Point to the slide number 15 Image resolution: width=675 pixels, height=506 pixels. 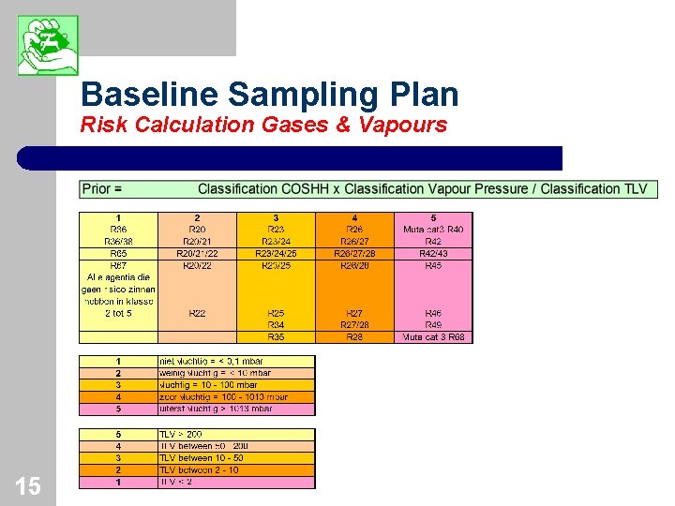point(27,486)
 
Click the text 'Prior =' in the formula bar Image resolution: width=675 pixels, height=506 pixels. point(102,189)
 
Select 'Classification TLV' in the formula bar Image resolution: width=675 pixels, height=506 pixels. point(593,189)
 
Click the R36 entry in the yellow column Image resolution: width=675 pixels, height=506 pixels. point(118,230)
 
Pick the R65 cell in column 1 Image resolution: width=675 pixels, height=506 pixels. point(118,254)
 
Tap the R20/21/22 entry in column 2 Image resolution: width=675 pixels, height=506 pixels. point(197,254)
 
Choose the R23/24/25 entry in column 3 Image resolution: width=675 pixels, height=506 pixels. point(276,254)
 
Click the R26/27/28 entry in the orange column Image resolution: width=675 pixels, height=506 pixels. point(354,254)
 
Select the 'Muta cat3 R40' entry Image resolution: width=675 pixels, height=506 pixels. point(433,230)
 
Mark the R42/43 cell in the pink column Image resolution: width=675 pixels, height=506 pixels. point(433,254)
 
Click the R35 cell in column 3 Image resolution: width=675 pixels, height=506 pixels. point(276,337)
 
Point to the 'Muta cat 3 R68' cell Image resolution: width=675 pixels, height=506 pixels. point(433,337)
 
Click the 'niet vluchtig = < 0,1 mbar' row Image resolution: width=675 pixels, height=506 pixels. point(212,361)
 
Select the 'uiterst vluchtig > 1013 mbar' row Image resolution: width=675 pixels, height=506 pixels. point(217,409)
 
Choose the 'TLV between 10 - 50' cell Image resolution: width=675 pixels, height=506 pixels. point(202,458)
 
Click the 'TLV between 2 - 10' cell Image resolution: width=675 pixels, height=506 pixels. point(201,470)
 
